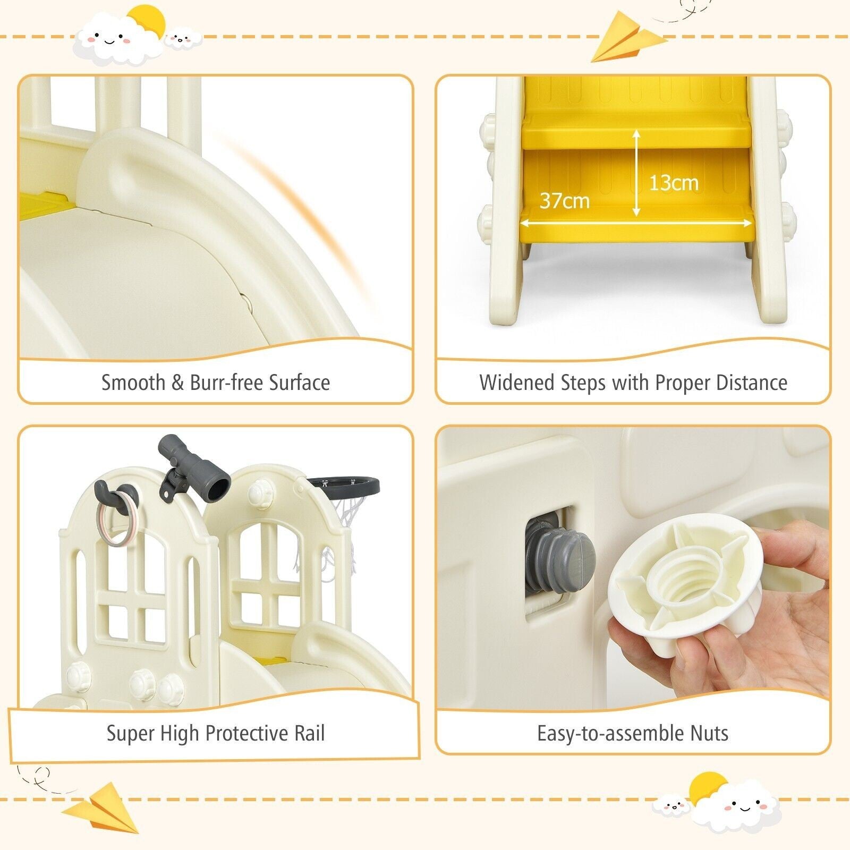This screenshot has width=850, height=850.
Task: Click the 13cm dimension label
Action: (674, 183)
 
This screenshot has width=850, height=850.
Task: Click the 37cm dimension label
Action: (565, 201)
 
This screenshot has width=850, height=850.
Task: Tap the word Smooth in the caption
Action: (133, 382)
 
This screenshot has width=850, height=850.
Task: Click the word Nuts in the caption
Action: (709, 734)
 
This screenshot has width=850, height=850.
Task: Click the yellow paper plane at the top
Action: (627, 37)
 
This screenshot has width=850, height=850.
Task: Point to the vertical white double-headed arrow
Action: (636, 173)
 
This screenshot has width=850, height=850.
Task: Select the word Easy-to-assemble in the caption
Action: (611, 734)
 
